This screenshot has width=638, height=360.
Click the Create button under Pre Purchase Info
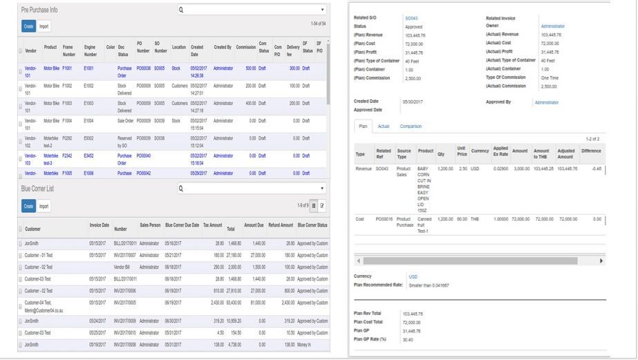[28, 26]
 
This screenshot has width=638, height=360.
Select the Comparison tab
[411, 126]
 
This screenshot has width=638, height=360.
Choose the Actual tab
[384, 126]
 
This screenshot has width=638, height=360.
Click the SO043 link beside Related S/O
[411, 18]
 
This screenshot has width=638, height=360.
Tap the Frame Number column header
[69, 50]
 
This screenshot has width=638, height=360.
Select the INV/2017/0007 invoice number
[125, 255]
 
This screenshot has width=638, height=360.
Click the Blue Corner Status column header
[312, 225]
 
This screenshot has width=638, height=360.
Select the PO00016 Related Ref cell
[384, 218]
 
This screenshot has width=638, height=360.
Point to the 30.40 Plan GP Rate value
[408, 339]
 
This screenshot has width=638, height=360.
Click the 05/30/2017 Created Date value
[412, 102]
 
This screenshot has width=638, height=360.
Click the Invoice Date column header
[100, 225]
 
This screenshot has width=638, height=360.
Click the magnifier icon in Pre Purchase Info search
[181, 10]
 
